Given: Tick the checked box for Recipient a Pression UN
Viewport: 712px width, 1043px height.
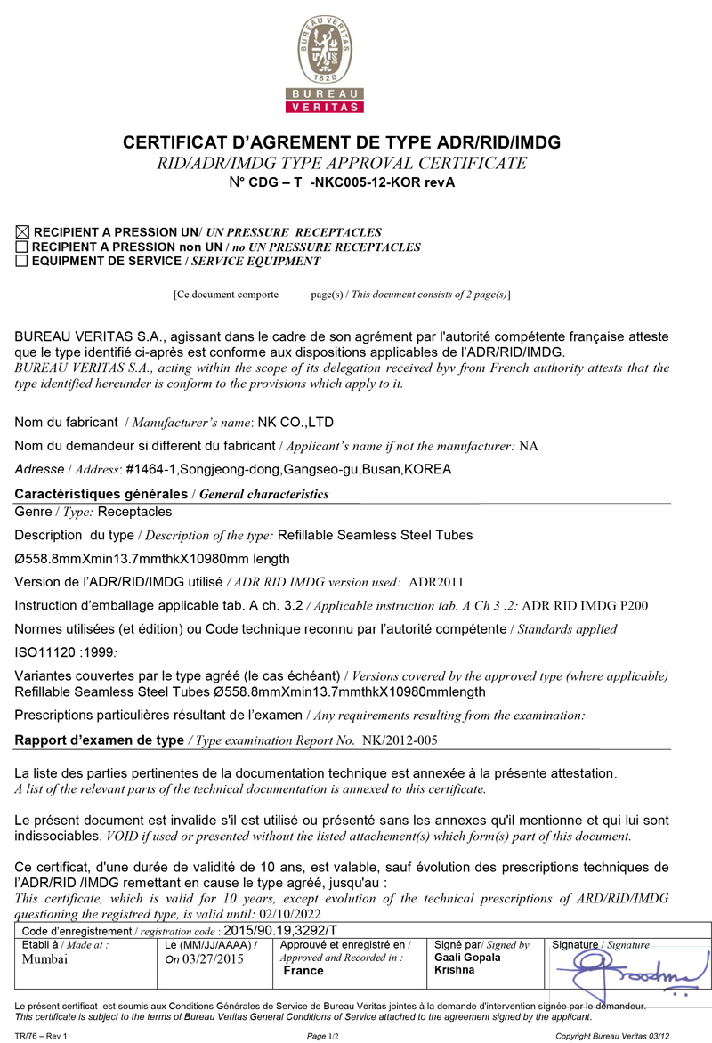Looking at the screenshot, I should tap(22, 232).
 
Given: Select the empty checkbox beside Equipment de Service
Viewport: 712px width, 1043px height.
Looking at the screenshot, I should tap(22, 262).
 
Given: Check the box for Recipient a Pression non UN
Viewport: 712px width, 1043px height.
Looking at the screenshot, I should tap(22, 247).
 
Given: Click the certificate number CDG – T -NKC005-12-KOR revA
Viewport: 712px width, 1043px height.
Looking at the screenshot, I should tap(353, 182).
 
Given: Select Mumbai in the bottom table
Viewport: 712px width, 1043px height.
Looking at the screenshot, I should tap(44, 959).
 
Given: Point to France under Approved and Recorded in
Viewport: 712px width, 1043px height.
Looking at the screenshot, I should tap(303, 971).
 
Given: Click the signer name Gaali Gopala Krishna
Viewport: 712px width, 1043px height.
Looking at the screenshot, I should tap(468, 964).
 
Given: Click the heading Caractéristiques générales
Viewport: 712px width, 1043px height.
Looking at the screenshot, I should tap(102, 494).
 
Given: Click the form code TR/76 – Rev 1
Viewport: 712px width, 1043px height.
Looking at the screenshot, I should tap(41, 1036).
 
